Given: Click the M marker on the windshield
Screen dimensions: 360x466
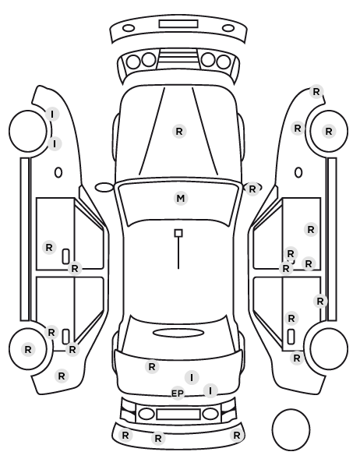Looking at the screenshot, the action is tap(181, 198).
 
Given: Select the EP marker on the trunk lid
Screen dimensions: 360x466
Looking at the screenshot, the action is tap(178, 394).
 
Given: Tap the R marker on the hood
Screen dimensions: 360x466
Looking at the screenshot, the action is tap(179, 131).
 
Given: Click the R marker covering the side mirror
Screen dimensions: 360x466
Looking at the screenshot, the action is tap(252, 189).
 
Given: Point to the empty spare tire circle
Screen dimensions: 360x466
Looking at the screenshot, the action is tap(291, 429).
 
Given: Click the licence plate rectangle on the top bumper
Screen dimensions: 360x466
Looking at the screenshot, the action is tap(178, 24).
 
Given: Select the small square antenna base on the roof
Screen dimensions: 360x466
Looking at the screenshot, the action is tap(178, 233).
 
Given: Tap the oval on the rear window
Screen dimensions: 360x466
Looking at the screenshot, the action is tap(178, 333).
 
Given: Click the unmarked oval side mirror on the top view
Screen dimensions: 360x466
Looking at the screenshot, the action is tap(104, 187).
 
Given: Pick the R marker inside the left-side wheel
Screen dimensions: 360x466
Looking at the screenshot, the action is tap(28, 349).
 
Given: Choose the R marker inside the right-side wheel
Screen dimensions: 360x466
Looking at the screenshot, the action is tap(329, 131).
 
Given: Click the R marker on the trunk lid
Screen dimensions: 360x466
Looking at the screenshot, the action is tap(152, 367).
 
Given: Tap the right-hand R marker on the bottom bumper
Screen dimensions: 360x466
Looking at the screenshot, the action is tap(237, 436).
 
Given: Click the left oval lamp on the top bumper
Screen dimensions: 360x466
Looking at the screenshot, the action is tap(129, 28).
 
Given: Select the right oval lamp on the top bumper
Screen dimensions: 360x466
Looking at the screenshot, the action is tap(228, 28).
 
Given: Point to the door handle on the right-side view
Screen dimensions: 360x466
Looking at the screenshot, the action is tap(291, 337).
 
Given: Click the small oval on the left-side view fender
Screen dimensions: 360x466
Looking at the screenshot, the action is tap(58, 172).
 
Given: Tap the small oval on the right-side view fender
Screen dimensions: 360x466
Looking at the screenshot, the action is tap(298, 172).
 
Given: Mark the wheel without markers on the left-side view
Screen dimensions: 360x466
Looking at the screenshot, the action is tap(28, 131).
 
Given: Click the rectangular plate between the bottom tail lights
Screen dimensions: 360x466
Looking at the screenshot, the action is tap(178, 414).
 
